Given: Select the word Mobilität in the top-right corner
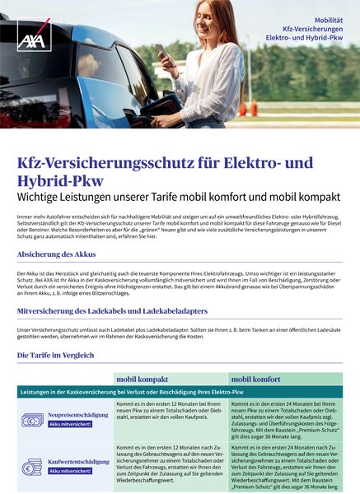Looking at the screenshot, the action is click(x=325, y=19).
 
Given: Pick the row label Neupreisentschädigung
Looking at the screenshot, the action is click(x=79, y=416).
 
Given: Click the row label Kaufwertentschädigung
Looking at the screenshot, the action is click(x=79, y=462).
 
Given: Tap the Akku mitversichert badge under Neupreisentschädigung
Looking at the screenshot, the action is click(x=70, y=425).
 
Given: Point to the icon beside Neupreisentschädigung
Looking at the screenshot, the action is click(x=32, y=420).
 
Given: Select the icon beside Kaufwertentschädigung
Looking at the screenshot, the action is click(x=32, y=466).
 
